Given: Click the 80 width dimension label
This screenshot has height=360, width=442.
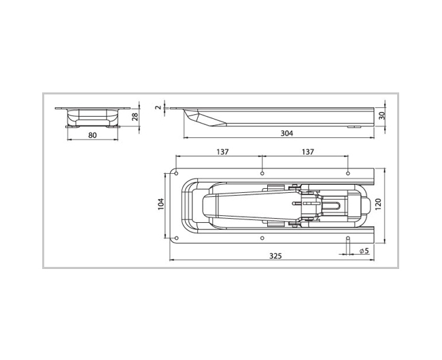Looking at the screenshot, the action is pos(92,135).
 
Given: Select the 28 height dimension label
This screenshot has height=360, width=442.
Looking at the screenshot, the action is pos(135,117).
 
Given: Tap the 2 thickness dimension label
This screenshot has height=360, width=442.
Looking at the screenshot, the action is pos(158,107).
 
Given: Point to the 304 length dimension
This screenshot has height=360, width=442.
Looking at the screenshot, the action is pos(287,133).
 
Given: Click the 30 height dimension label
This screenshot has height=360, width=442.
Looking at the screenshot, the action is pos(382,115).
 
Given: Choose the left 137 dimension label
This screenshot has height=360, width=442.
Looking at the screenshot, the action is pos(222,152).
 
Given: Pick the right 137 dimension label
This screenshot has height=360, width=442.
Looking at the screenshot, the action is pos(308,152).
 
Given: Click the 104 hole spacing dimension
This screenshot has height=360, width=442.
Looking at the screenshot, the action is pos(160,204).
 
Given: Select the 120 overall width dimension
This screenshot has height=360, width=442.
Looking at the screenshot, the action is pos(378,204).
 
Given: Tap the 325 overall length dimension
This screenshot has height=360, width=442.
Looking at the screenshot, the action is pos(275,256).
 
